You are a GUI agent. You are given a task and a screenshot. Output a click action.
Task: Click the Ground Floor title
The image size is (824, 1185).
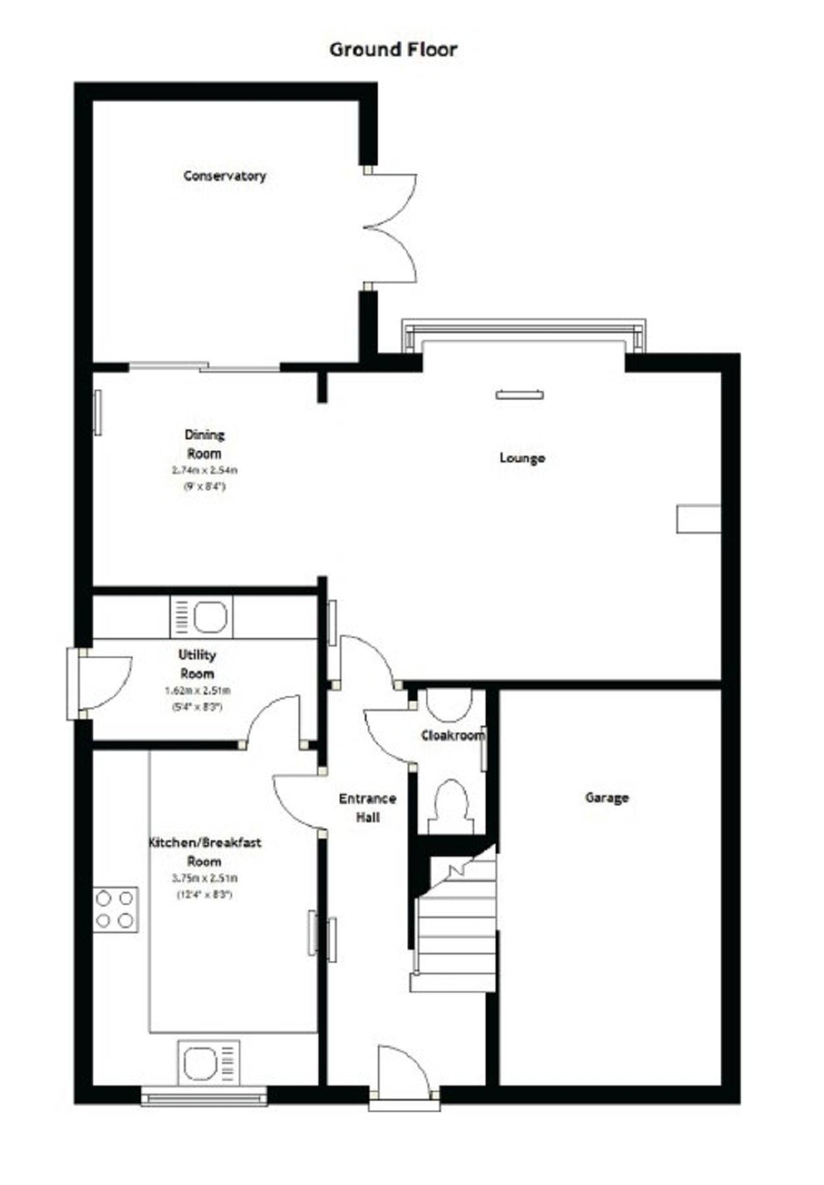pyautogui.click(x=393, y=50)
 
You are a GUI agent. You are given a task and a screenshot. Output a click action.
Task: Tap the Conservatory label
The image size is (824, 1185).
pyautogui.click(x=225, y=176)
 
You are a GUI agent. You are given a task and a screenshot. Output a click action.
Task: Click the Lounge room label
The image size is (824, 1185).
pyautogui.click(x=522, y=458)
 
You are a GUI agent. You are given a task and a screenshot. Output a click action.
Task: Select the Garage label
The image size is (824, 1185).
pyautogui.click(x=607, y=798)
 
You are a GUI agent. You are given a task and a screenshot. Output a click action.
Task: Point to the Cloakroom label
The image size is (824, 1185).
pyautogui.click(x=453, y=735)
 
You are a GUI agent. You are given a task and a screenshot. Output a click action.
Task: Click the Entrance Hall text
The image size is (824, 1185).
pyautogui.click(x=368, y=808)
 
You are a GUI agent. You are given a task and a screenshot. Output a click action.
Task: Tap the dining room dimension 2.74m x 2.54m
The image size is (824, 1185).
pyautogui.click(x=205, y=470)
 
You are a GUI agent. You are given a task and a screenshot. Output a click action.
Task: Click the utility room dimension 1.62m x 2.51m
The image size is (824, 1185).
pyautogui.click(x=197, y=691)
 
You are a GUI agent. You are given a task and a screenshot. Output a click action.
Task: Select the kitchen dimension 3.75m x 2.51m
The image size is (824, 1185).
pyautogui.click(x=205, y=878)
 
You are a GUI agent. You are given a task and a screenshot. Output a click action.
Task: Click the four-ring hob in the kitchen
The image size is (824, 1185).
pyautogui.click(x=115, y=909)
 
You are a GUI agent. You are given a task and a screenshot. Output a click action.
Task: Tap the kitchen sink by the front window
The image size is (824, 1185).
pyautogui.click(x=208, y=1063)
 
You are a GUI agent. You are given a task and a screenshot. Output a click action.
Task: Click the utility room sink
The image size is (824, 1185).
pyautogui.click(x=202, y=617)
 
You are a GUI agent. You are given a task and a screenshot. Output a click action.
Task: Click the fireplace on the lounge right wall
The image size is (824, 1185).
pyautogui.click(x=698, y=519)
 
